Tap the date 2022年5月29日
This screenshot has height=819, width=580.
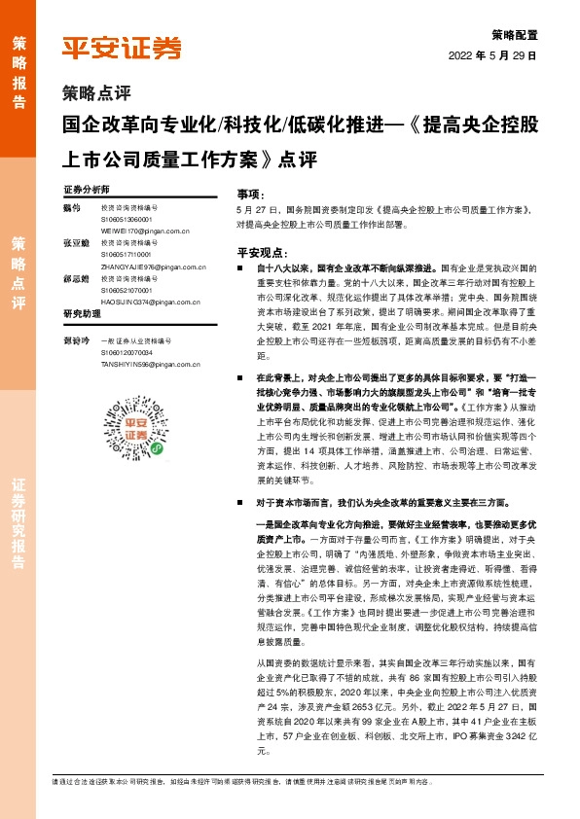(x=492, y=55)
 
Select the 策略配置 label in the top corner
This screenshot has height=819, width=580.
(x=513, y=33)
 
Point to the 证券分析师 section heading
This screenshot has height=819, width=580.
(x=87, y=189)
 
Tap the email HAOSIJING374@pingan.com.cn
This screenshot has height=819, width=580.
(x=151, y=302)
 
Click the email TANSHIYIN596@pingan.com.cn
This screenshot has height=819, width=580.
(x=151, y=365)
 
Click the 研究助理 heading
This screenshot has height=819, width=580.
(x=82, y=315)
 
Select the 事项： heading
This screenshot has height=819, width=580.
(x=251, y=195)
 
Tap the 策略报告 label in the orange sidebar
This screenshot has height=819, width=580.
(x=18, y=73)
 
